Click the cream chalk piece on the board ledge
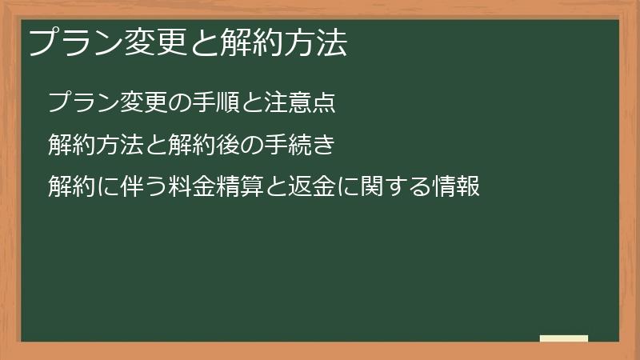click(564, 338)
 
